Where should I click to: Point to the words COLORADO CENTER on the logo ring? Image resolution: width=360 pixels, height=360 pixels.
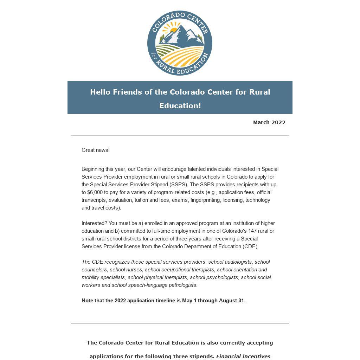click(x=180, y=18)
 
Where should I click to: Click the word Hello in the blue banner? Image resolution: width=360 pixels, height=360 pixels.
click(x=100, y=92)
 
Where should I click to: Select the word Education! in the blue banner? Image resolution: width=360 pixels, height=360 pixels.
click(x=180, y=106)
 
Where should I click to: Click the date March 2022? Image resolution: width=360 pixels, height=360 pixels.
click(x=269, y=122)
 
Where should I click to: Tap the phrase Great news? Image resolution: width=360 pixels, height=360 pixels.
click(x=96, y=150)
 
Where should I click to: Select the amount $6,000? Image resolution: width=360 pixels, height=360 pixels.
click(x=95, y=192)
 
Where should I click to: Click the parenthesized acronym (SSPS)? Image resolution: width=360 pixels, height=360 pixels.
click(x=178, y=185)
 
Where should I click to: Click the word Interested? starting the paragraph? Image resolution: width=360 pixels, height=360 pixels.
click(x=94, y=223)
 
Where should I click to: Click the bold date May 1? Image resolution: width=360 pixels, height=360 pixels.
click(x=189, y=301)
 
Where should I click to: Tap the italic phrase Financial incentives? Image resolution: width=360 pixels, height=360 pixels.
click(x=243, y=356)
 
